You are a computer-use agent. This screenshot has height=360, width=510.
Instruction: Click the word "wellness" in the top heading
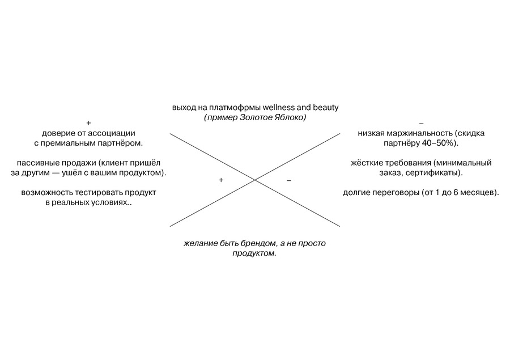tap(278, 107)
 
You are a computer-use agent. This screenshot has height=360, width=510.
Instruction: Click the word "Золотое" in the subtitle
tap(254, 117)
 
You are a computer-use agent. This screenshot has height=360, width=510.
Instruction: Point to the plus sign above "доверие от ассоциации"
tap(88, 123)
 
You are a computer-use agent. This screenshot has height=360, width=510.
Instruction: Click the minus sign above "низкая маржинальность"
tap(421, 123)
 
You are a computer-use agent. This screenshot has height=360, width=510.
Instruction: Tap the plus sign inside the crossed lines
tap(221, 180)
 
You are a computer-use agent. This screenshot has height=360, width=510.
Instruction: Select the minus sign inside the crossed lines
tap(289, 180)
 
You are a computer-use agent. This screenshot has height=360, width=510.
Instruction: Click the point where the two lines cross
tap(255, 180)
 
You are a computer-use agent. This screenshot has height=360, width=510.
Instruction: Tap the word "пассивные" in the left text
tap(35, 163)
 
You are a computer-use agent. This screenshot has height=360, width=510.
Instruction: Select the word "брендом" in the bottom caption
tap(261, 243)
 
